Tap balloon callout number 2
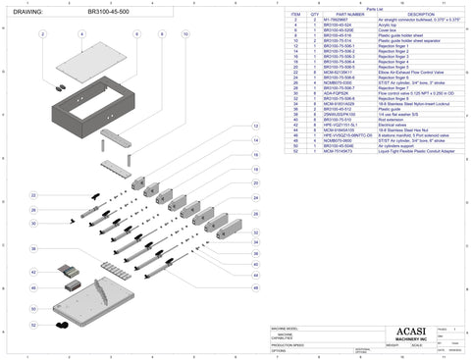point(43,34)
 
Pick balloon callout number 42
point(33,272)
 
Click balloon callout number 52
point(33,324)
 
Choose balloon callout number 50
point(33,307)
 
